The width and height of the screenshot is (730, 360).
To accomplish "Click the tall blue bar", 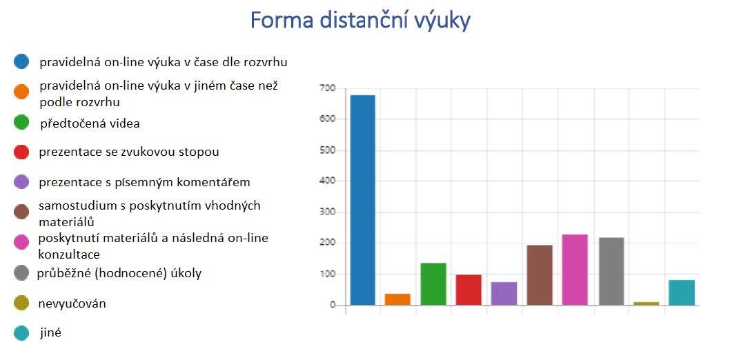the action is tap(363, 200).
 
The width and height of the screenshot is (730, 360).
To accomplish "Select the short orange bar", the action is tap(397, 299).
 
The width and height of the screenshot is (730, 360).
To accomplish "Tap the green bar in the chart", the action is tap(433, 284).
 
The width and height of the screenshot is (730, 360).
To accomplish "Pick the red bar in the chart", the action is tap(468, 290).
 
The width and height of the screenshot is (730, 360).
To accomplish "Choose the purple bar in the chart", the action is tap(504, 294).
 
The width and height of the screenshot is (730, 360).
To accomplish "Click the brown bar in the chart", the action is tap(540, 275).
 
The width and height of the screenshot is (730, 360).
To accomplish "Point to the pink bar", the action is tap(575, 270).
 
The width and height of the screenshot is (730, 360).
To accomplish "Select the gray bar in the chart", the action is tap(611, 272).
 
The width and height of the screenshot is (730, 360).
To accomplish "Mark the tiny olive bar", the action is tap(647, 303).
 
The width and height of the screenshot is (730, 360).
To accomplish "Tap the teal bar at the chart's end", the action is tap(682, 292).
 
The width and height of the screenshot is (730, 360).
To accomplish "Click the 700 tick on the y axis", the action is tap(328, 88).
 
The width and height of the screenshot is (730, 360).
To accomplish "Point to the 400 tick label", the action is tap(328, 181).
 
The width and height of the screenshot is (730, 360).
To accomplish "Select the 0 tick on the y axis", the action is tap(333, 306).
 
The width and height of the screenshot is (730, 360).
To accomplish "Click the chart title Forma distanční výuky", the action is tap(360, 21).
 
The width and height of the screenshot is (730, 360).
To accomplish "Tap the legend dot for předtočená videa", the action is tap(21, 122).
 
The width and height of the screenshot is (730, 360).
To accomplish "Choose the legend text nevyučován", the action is tap(72, 303).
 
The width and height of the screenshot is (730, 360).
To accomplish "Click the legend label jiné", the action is tap(50, 332).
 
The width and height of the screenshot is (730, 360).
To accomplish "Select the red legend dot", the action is tap(21, 152).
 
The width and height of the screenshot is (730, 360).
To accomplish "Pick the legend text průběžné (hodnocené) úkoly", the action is tap(119, 274).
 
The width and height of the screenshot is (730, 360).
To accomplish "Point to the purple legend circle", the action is tap(21, 182).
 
